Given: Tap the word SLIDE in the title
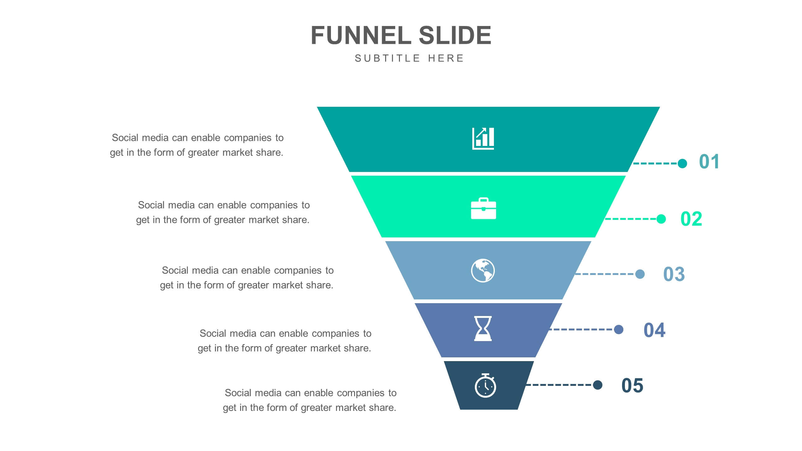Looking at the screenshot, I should [x=455, y=35].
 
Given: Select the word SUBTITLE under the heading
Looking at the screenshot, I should [x=387, y=58].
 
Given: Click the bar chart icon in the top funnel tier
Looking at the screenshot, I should [x=483, y=138].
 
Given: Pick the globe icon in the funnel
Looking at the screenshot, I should [x=483, y=271].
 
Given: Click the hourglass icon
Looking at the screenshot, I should [x=483, y=329].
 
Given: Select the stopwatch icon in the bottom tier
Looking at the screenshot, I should [x=485, y=386].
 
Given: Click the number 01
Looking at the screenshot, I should [x=709, y=162].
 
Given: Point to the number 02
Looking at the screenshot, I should [x=691, y=219].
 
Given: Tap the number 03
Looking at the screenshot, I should [x=674, y=274].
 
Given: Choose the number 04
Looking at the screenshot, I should [x=654, y=330].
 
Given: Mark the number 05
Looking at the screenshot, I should [x=632, y=386].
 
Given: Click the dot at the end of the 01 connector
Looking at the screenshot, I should [x=682, y=163].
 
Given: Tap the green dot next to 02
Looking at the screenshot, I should [x=661, y=219].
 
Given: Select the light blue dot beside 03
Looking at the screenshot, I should [x=640, y=274].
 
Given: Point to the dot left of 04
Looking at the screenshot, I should [x=619, y=329].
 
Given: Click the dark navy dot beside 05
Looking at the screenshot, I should [x=598, y=385].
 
